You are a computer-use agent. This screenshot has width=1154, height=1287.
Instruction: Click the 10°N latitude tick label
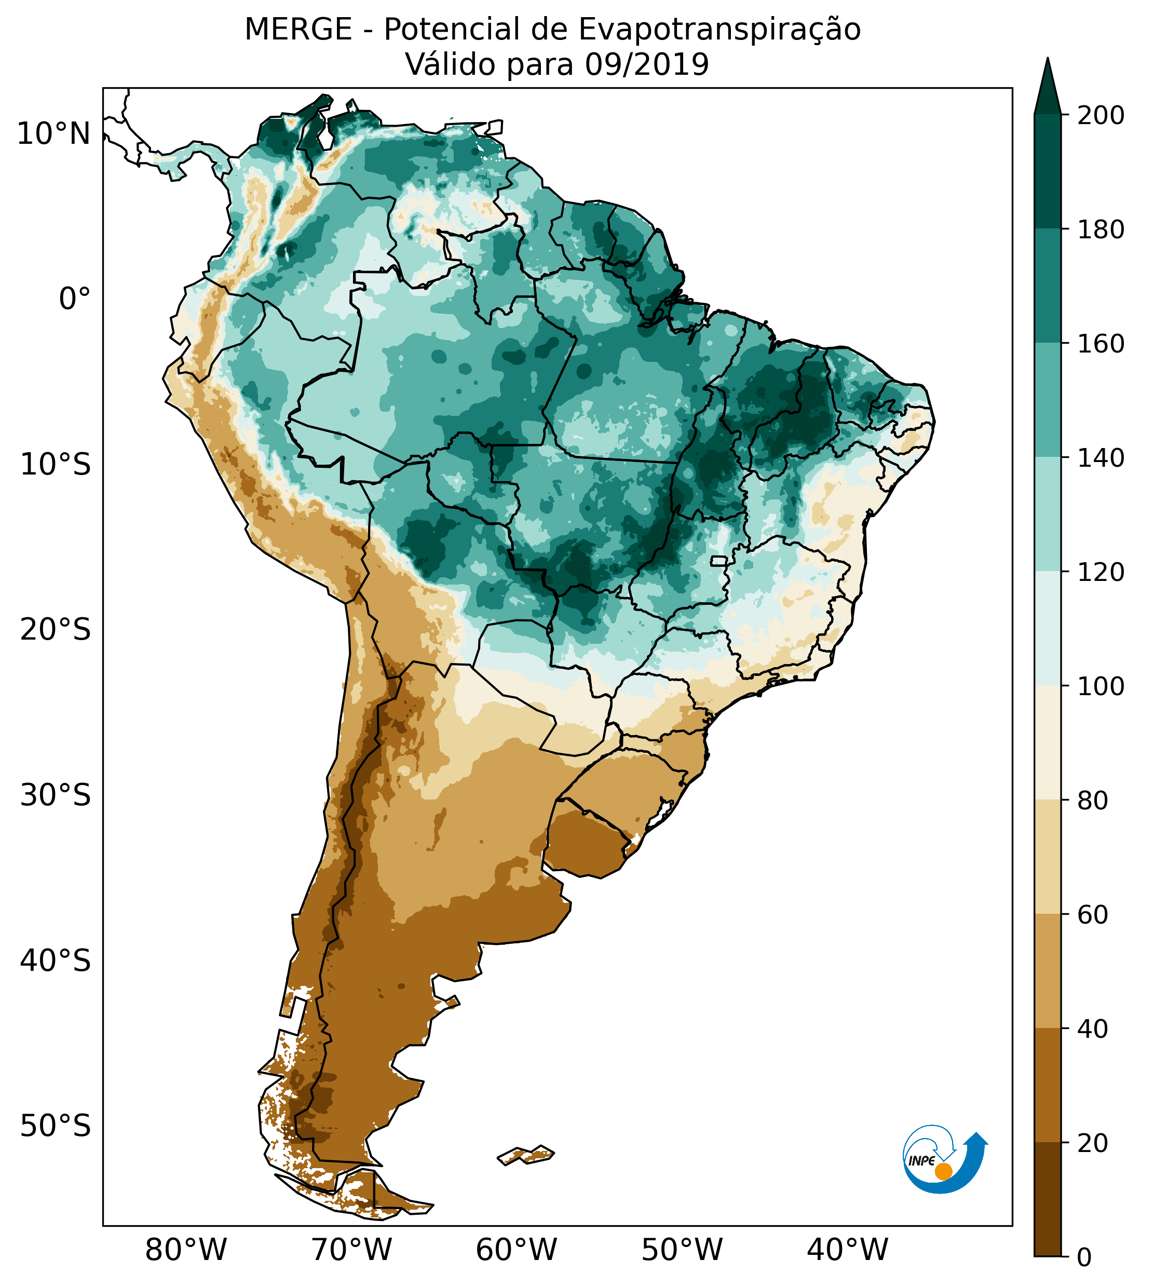(53, 134)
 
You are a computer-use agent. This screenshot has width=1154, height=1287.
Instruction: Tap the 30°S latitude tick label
(55, 796)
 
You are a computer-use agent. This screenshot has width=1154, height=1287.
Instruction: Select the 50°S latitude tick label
(55, 1127)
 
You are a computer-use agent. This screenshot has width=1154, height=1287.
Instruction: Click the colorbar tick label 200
(1101, 116)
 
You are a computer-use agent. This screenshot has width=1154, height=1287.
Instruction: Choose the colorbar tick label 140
(1101, 458)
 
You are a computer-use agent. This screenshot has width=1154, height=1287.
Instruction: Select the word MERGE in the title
(298, 30)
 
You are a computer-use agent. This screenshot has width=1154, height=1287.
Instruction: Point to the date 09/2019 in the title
(647, 65)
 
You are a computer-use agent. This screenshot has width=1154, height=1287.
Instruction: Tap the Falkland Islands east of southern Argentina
(526, 1155)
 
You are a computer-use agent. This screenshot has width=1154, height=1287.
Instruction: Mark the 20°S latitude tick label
(55, 630)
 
